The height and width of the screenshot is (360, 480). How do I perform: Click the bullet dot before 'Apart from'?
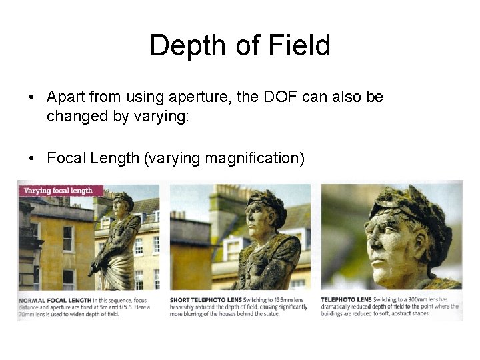pos(32,97)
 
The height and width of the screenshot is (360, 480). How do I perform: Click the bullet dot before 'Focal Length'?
pos(32,159)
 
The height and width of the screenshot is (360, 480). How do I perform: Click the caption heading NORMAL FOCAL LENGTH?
pos(45,301)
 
